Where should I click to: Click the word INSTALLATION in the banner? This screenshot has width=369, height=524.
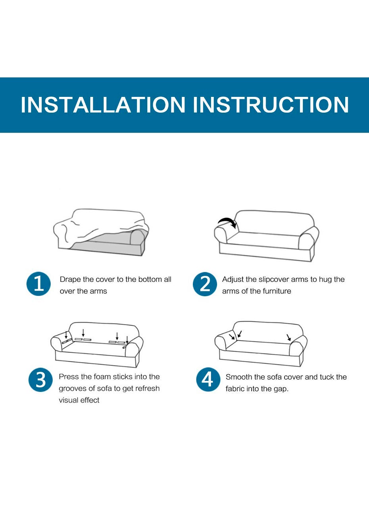coord(103,104)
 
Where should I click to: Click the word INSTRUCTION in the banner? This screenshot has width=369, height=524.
coord(271,104)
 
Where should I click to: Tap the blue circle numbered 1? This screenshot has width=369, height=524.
coord(38,284)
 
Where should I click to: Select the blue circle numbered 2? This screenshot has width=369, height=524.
coord(205,284)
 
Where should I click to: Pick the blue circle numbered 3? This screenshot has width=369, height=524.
coord(41,380)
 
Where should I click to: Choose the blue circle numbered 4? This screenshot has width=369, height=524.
coord(208,380)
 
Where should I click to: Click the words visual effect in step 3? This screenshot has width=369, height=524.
coord(79,400)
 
